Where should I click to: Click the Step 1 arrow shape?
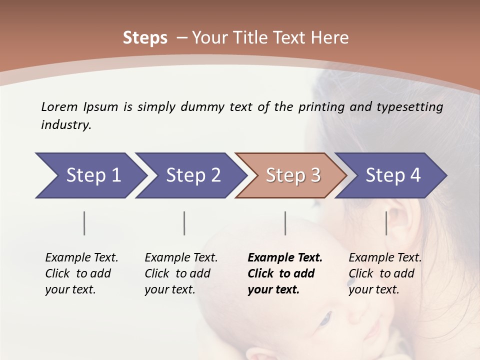90,175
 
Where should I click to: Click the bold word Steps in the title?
145,38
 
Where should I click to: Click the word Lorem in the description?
59,106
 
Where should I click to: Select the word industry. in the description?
66,125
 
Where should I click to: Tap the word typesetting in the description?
413,107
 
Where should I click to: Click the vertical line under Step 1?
84,223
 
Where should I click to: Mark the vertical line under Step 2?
184,223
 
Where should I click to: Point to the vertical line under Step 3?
285,223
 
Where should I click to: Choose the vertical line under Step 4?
386,223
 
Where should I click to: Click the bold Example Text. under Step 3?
285,258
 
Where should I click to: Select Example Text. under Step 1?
81,258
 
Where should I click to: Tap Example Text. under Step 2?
181,258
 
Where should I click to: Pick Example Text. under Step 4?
385,258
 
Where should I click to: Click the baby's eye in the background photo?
325,318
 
